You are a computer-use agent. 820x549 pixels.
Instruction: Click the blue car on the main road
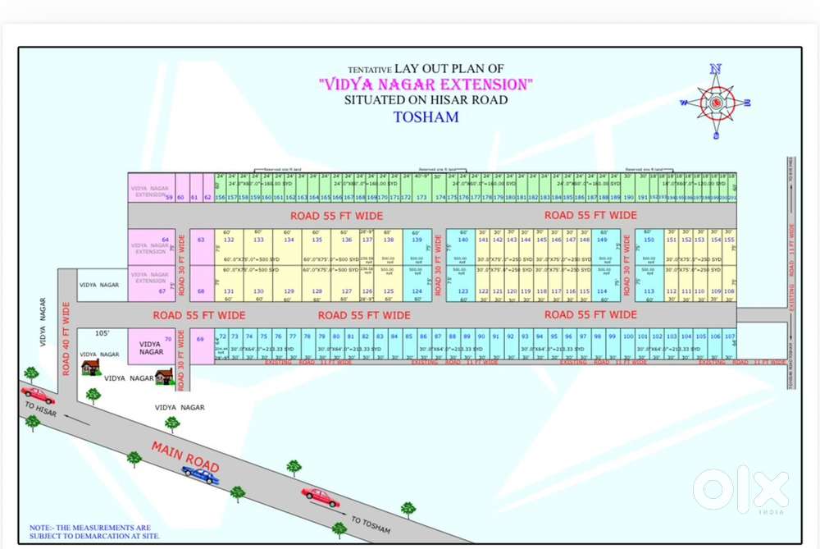[200, 474]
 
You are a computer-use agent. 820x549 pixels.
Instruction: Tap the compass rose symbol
[716, 103]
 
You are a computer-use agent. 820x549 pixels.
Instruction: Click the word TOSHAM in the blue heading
[426, 117]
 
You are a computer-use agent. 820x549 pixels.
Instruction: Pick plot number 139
[417, 240]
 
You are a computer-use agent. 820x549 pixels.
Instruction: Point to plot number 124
[417, 291]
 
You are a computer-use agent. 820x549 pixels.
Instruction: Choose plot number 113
[649, 291]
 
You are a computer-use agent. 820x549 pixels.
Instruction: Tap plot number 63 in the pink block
[202, 240]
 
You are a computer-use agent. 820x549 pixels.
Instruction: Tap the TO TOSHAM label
[371, 524]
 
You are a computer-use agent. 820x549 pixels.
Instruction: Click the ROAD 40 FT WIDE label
[66, 338]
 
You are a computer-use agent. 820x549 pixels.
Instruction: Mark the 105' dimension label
[102, 333]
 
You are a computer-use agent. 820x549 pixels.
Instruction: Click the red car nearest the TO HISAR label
[37, 396]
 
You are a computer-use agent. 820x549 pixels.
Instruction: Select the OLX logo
[740, 490]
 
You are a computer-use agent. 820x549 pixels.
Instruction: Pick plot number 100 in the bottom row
[627, 336]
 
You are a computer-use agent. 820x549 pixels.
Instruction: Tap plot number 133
[258, 240]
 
